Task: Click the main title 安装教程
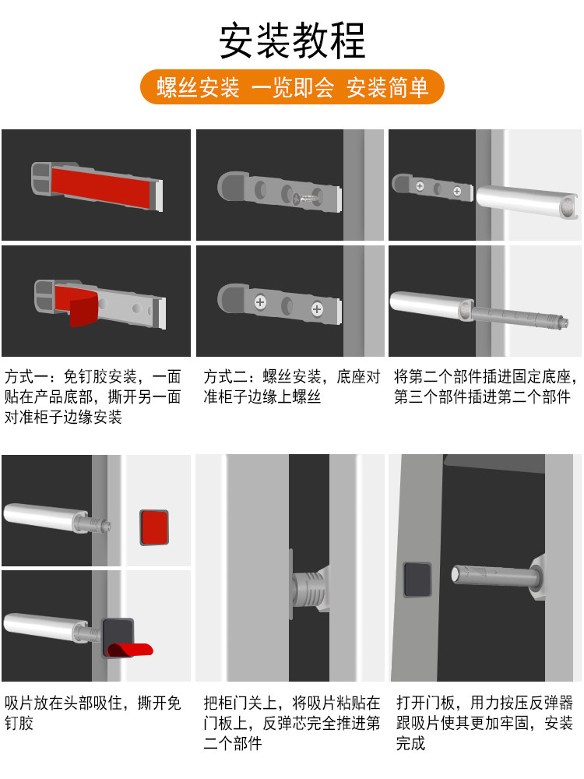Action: pos(292,41)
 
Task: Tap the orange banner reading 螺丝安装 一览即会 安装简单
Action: pos(292,87)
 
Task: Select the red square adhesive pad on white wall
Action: pos(154,527)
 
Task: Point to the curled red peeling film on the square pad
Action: pos(130,650)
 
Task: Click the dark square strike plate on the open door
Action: pos(417,580)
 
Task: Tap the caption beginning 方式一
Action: pos(93,397)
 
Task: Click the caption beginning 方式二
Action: pos(291,386)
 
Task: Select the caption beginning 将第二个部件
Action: pos(485,386)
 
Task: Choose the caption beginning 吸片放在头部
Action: pos(93,713)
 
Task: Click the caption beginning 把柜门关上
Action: pos(291,722)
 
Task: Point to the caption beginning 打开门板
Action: pos(484,722)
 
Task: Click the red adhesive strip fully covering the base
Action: pos(103,187)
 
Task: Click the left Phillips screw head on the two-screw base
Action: pos(260,301)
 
